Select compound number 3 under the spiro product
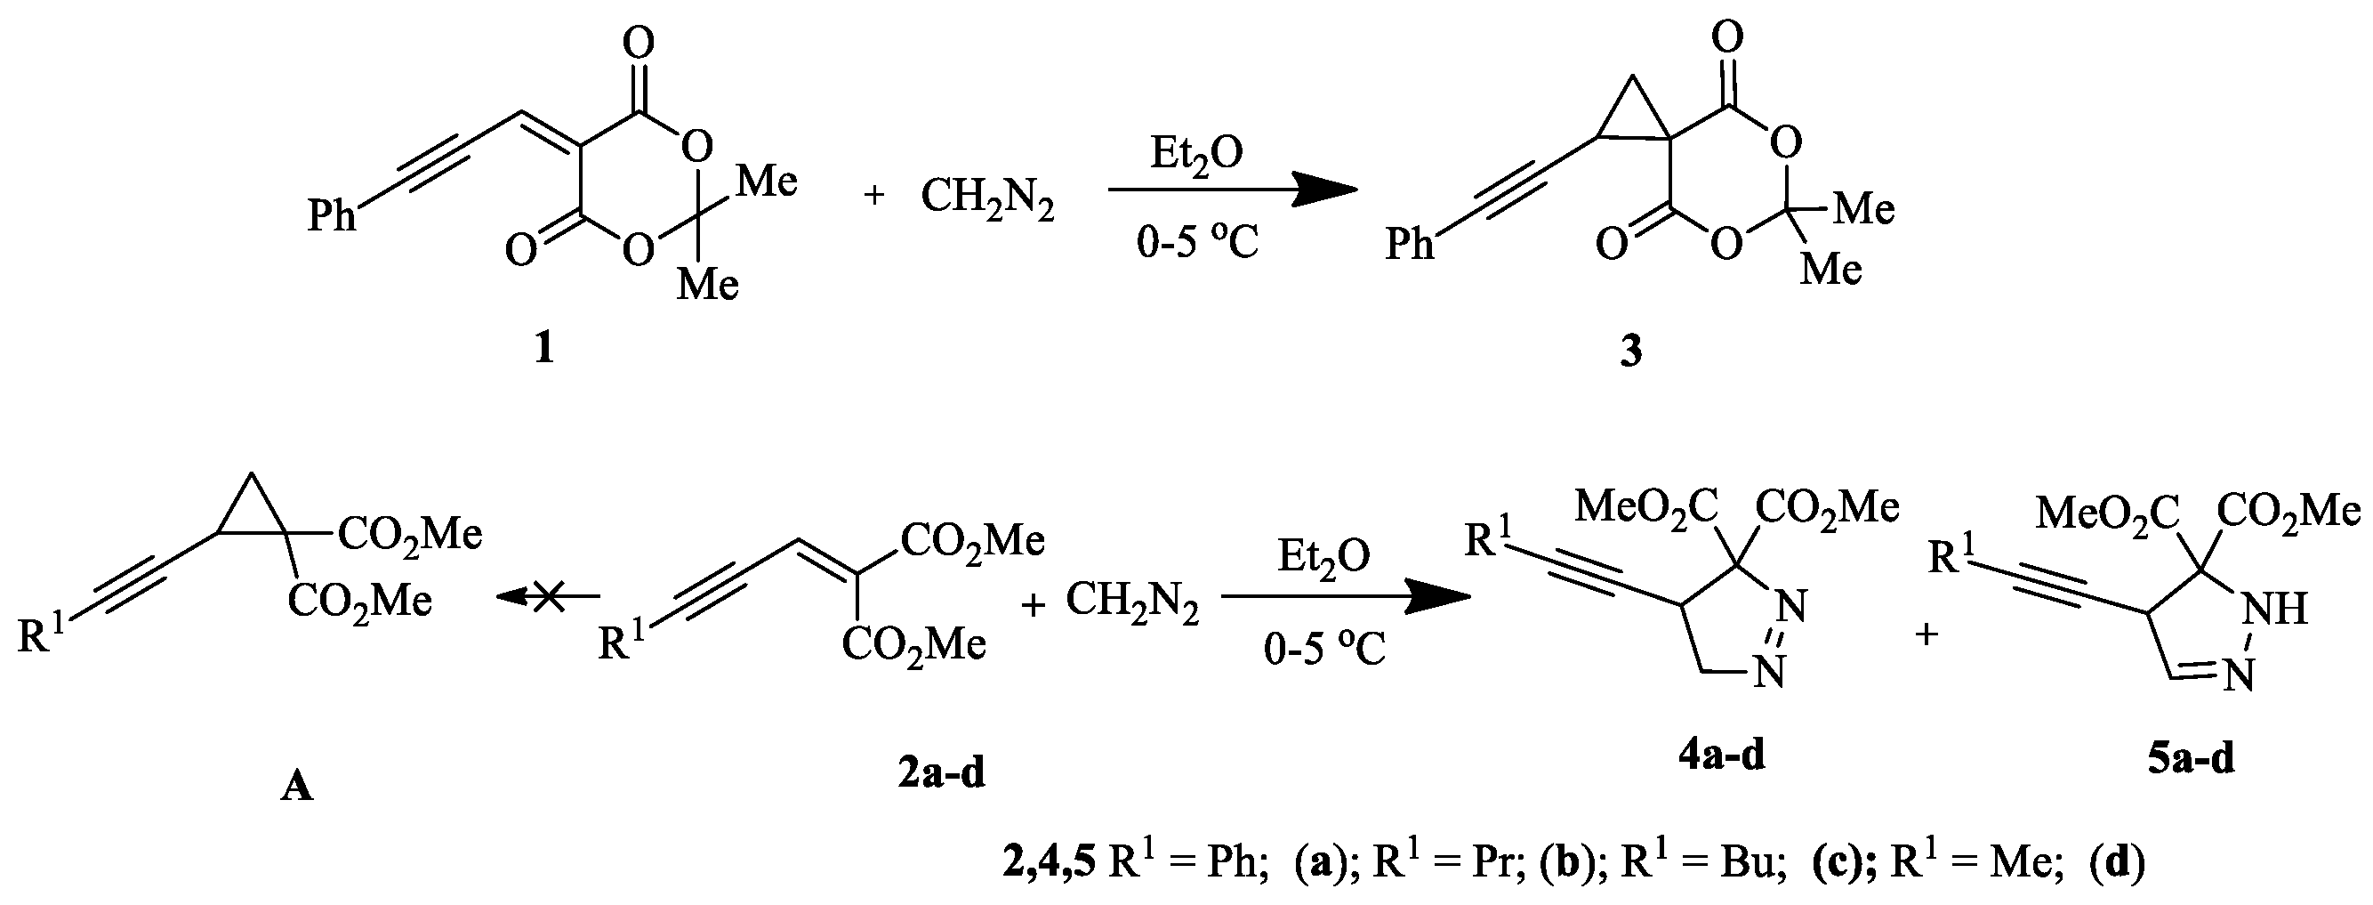coord(1630,352)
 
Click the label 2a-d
coord(941,773)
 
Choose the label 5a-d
coord(2191,758)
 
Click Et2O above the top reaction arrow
coord(1195,154)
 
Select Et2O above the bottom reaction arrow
coord(1323,557)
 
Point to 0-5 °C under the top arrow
coord(1196,243)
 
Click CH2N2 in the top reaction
coord(986,198)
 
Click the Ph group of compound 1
coord(332,216)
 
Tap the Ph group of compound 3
coord(1411,244)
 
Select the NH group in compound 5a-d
coord(2276,610)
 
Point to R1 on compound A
coord(42,635)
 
